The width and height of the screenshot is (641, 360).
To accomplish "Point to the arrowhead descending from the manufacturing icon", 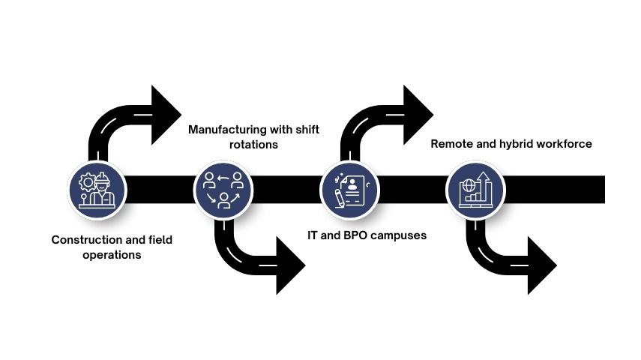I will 289,265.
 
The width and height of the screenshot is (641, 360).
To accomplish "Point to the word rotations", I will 253,144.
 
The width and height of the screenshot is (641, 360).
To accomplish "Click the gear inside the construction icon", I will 88,181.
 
